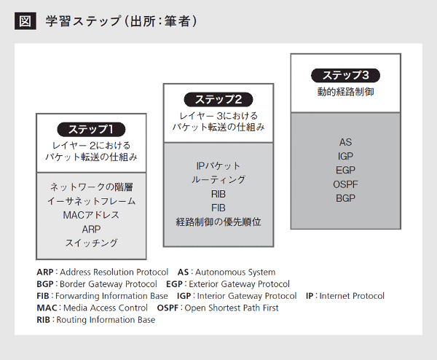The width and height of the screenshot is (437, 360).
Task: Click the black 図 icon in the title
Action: pos(25,21)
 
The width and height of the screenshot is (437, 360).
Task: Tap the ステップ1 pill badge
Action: pos(91,130)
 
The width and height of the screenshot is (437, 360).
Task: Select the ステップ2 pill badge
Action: pos(219,100)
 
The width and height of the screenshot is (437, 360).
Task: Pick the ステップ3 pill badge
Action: pos(345,75)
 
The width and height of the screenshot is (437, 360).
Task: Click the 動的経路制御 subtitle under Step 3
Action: pos(345,92)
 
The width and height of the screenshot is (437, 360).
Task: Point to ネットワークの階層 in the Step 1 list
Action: pos(92,187)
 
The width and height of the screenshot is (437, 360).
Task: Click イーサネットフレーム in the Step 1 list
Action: pos(92,201)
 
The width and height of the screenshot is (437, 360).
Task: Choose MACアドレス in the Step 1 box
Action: pos(91,215)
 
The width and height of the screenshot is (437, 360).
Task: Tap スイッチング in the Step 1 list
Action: pos(92,243)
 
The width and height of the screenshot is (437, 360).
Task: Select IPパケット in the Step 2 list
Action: pos(219,166)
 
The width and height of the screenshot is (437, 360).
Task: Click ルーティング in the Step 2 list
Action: pos(219,180)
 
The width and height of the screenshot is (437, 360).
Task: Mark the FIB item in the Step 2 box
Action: pos(219,208)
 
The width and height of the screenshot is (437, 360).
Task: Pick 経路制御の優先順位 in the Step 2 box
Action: pos(219,222)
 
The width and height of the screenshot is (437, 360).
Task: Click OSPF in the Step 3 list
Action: pos(345,184)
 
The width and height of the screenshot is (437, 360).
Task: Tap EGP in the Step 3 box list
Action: pos(345,170)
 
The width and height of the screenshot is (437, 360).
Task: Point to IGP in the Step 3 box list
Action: pos(345,156)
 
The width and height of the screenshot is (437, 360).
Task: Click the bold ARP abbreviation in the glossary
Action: pos(45,272)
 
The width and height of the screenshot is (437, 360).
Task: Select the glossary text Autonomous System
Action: pos(235,272)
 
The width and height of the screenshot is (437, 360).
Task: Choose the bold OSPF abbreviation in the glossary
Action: pos(168,308)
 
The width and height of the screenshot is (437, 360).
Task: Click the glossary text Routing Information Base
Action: pos(106,320)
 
